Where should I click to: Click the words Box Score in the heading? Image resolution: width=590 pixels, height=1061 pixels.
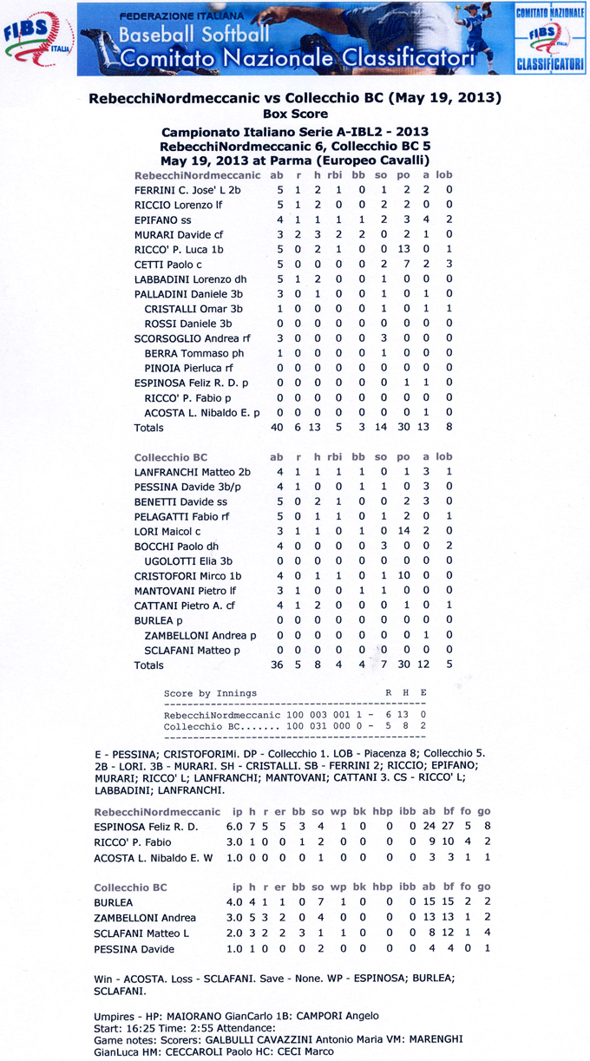(x=295, y=114)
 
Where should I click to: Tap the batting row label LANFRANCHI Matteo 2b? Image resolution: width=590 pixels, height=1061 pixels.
(x=192, y=471)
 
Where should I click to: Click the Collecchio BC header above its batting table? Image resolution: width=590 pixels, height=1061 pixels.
(x=171, y=456)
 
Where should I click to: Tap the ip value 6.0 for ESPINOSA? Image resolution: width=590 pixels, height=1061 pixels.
(x=234, y=827)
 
